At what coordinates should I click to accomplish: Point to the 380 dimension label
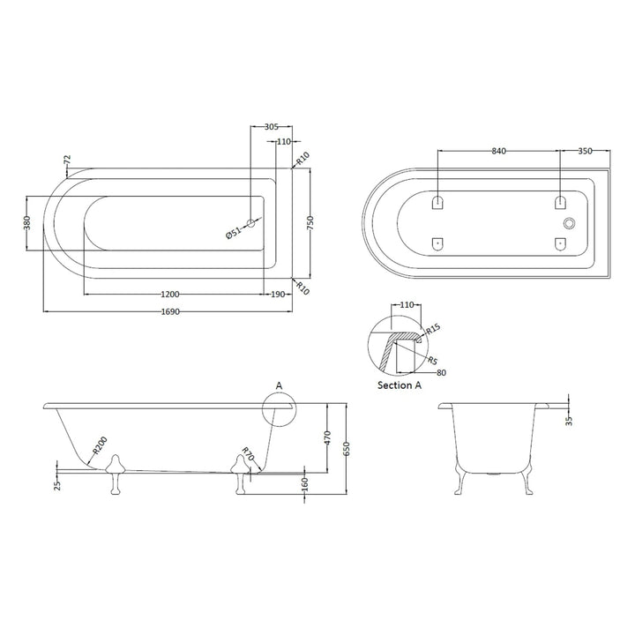click(x=26, y=223)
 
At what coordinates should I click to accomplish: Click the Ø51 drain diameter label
click(x=233, y=233)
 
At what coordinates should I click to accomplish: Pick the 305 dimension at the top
click(x=273, y=126)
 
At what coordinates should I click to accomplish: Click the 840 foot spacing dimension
click(x=498, y=151)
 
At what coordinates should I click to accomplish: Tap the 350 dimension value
click(x=584, y=151)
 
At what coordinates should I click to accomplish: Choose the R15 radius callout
click(x=434, y=330)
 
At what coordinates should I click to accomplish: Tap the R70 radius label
click(x=248, y=456)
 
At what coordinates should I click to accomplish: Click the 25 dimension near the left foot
click(x=57, y=484)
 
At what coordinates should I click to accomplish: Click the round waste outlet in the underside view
click(x=570, y=223)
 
